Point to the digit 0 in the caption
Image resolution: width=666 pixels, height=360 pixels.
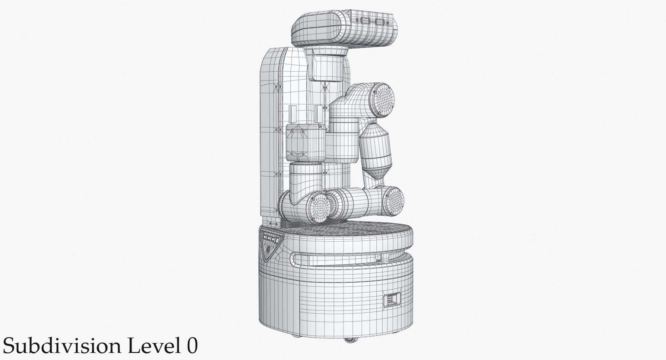(x=192, y=346)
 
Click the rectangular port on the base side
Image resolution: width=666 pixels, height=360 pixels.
(x=392, y=299)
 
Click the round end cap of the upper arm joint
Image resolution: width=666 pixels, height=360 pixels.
(x=382, y=99)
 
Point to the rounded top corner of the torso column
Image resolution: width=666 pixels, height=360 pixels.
(x=274, y=55)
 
